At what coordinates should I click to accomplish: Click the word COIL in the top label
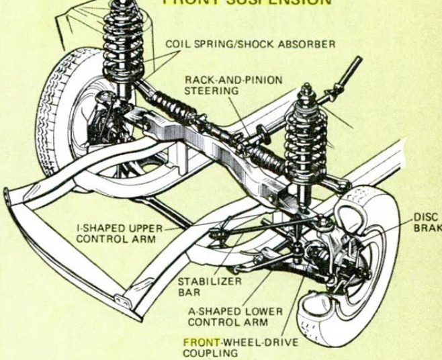click(177, 44)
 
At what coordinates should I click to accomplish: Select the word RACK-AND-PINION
click(233, 80)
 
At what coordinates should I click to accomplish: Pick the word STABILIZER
click(209, 281)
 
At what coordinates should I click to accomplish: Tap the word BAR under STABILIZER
click(189, 292)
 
